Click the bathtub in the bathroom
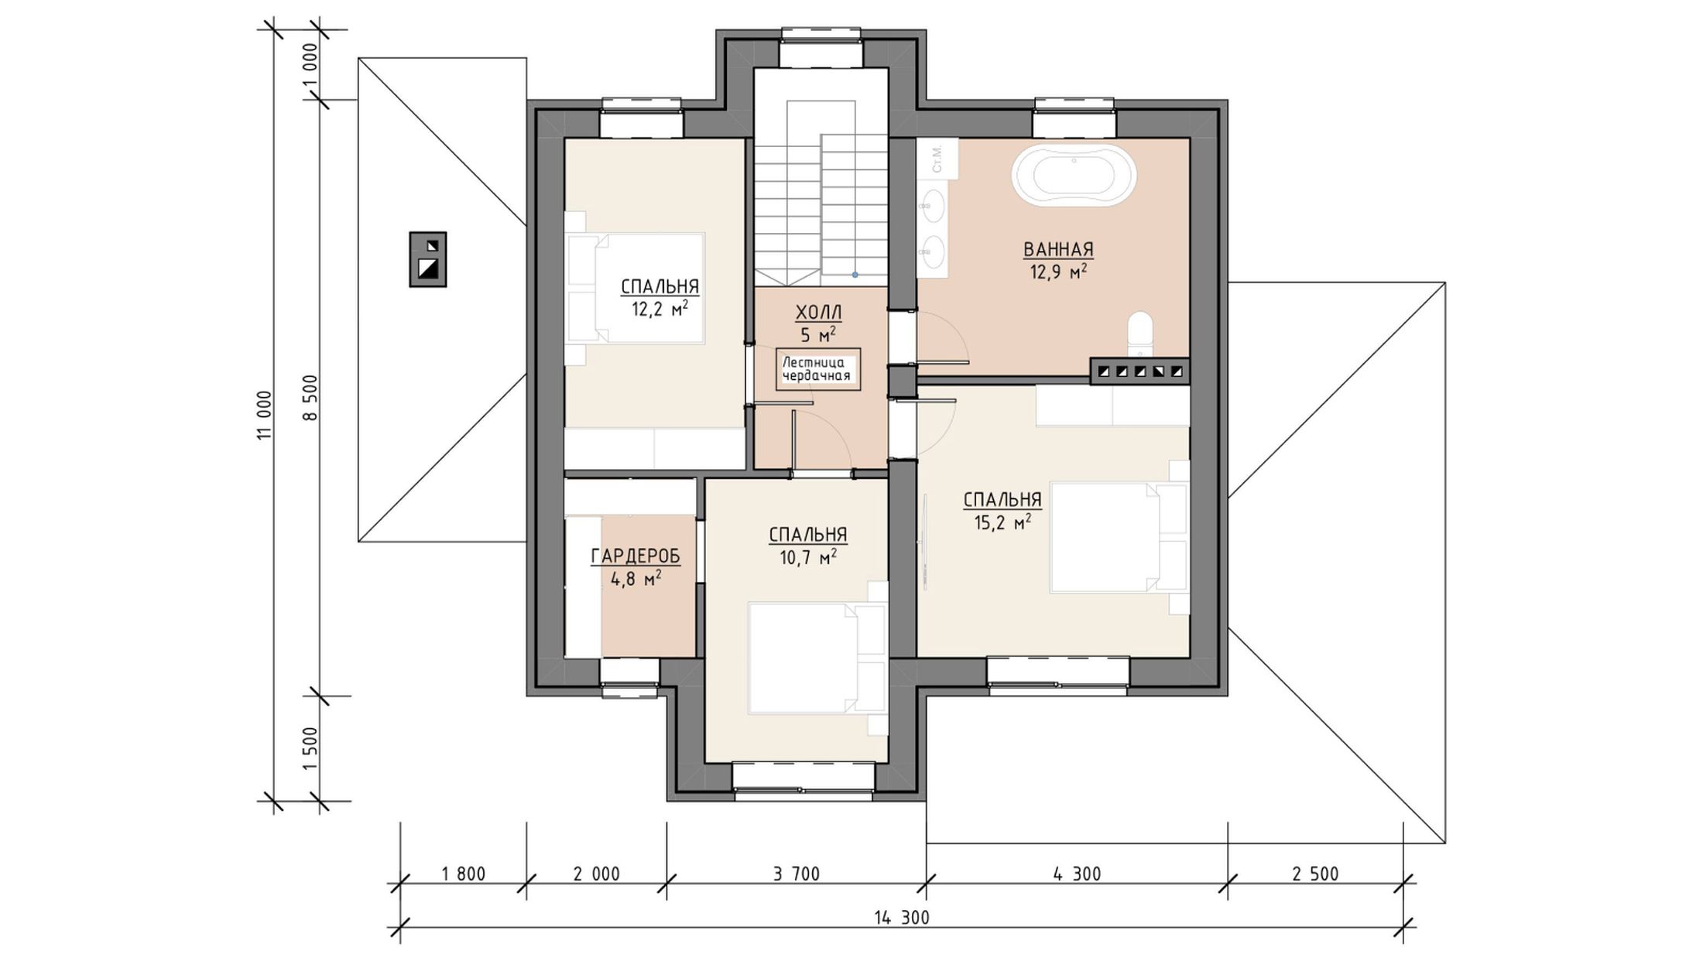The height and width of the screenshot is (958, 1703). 1074,176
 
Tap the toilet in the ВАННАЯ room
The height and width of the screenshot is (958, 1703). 1140,335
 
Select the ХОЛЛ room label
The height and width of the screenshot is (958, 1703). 818,313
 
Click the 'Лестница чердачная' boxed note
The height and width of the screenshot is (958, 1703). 818,369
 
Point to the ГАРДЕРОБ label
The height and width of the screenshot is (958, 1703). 636,556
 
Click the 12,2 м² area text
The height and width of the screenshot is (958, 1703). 660,310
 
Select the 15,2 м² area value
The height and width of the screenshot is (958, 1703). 1002,523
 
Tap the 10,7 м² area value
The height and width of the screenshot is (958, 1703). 807,557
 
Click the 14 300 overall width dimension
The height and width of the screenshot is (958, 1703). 902,918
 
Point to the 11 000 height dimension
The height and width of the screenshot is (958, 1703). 265,416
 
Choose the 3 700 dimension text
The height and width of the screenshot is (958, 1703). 796,874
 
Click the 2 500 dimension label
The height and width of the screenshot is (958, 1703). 1315,874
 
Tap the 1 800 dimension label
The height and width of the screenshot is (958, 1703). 463,874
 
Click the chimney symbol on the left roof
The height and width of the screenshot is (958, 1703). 428,259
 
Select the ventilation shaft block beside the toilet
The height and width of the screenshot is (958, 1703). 1140,371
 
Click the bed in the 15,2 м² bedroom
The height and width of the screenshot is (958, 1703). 1119,539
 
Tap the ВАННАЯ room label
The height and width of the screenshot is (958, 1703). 1058,249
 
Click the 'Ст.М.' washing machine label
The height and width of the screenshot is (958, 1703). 937,158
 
